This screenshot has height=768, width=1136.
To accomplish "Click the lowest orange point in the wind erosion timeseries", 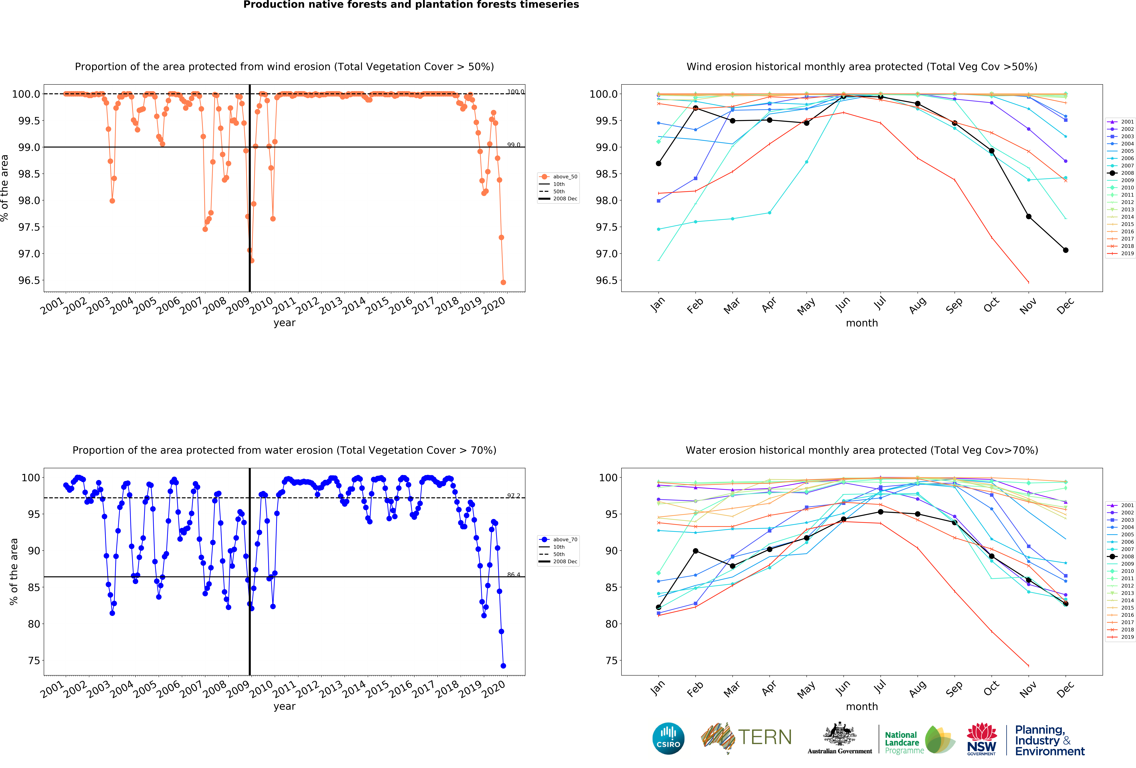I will click(503, 282).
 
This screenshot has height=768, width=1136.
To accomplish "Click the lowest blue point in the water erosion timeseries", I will click(503, 666).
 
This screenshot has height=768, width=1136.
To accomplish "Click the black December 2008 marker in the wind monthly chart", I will click(1066, 250).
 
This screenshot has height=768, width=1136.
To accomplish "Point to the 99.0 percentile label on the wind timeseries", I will click(513, 145).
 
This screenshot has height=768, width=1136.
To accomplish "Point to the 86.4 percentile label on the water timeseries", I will click(513, 575).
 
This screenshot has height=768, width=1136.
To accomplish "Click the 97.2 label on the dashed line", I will click(513, 496).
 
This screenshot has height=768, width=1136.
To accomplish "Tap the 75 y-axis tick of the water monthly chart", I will click(611, 660).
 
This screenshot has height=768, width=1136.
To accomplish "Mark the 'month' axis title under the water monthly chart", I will click(862, 706).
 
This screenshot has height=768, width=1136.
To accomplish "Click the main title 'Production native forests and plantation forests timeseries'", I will click(411, 5).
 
